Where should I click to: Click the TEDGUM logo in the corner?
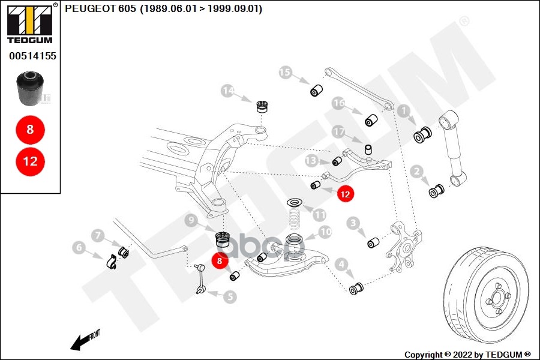29,24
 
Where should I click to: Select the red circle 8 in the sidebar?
30,128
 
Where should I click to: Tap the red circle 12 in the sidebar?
30,161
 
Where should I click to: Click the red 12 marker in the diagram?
345,194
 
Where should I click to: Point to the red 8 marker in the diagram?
220,261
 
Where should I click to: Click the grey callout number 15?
285,73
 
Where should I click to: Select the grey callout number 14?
227,91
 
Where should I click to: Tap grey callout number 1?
403,110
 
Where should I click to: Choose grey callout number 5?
230,296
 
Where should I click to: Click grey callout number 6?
79,246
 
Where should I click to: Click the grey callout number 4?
341,263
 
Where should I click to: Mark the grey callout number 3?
353,224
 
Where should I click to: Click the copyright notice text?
467,354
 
